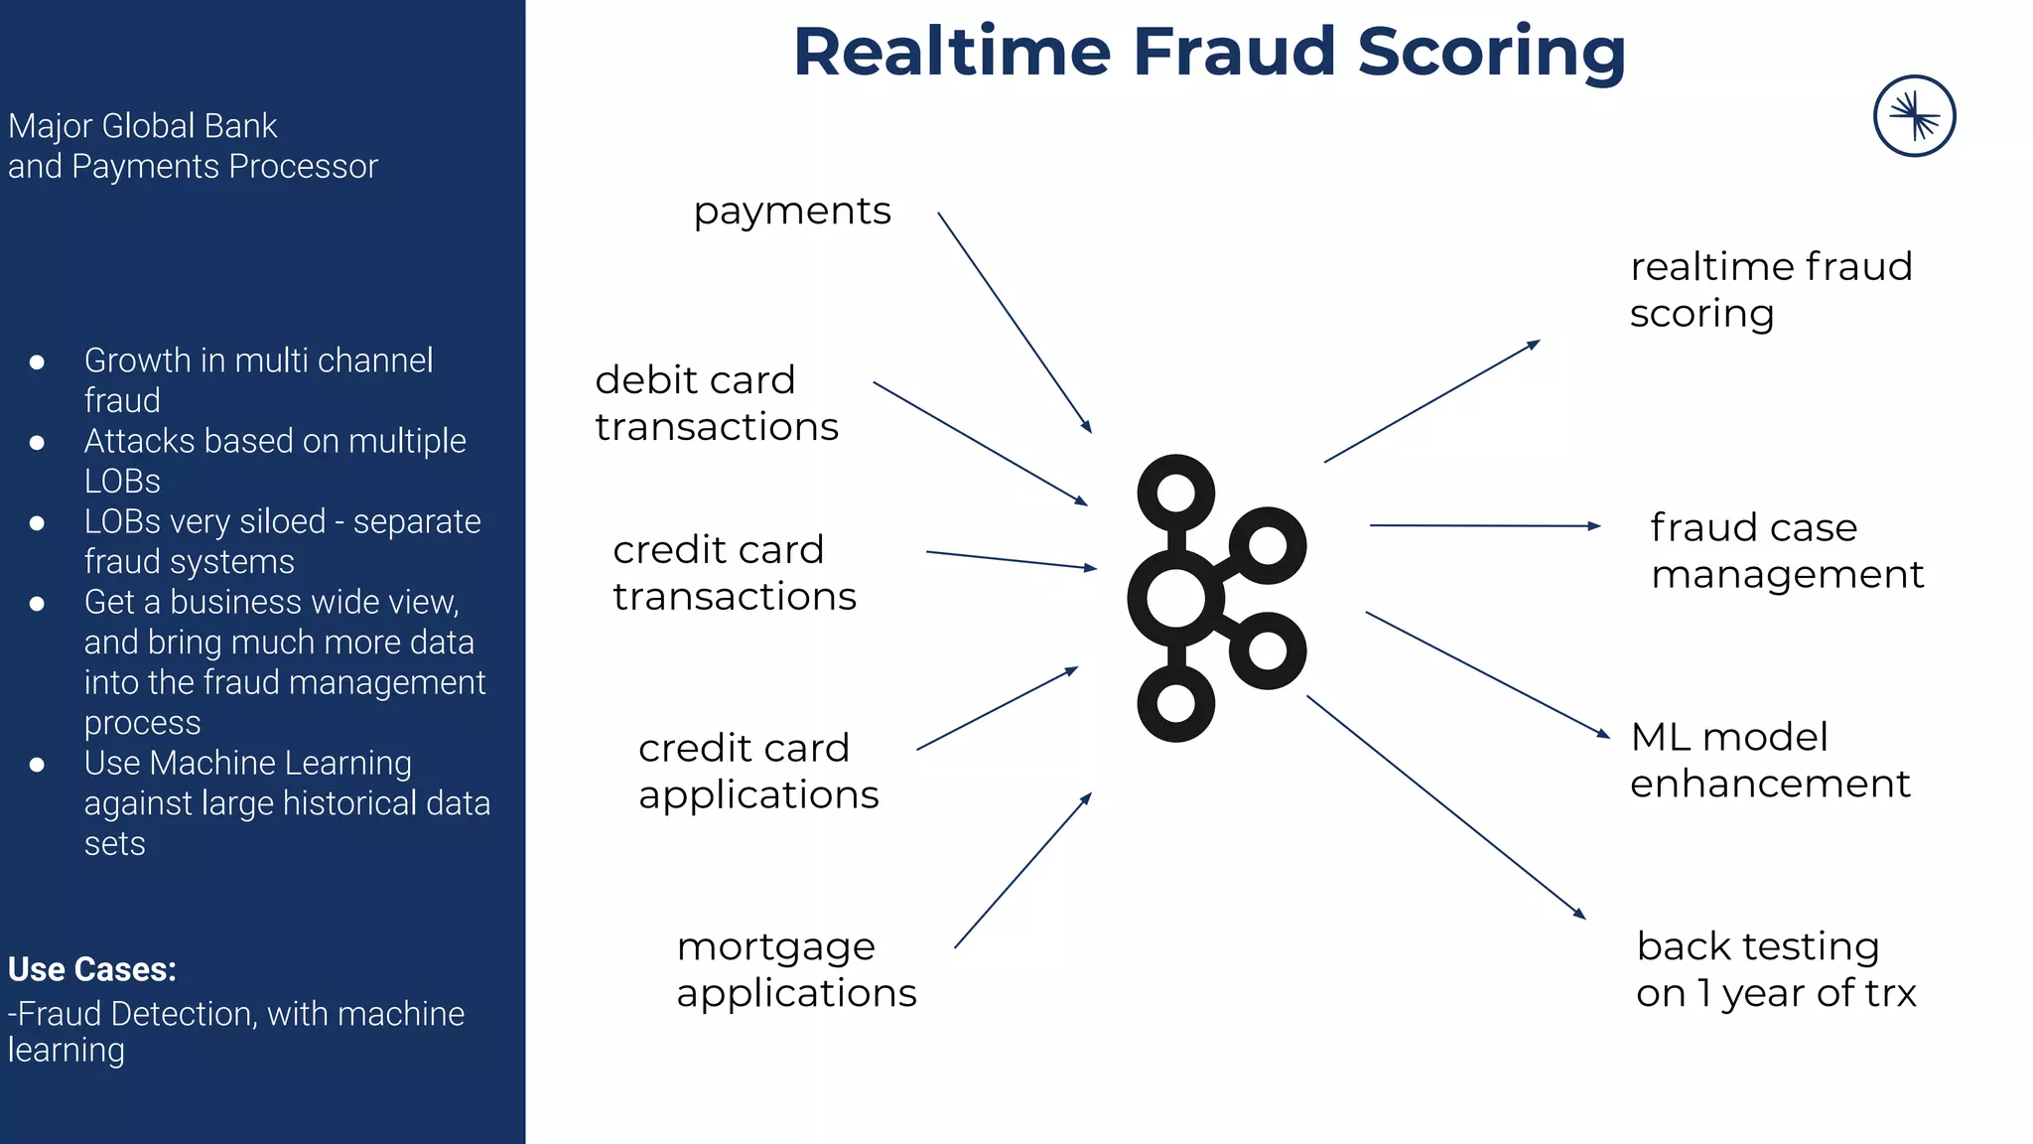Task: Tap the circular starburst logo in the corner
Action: tap(1914, 116)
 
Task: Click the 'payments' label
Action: tap(792, 212)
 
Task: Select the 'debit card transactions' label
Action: tap(717, 403)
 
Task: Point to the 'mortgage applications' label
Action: tap(796, 969)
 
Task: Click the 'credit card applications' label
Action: tap(758, 771)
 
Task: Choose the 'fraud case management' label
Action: tap(1787, 550)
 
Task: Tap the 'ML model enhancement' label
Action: tap(1769, 760)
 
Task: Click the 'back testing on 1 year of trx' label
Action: tap(1776, 969)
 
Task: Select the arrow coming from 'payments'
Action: tap(1015, 323)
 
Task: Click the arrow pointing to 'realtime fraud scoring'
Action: tap(1431, 401)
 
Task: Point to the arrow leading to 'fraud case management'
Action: tap(1484, 525)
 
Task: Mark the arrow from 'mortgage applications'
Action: tap(1022, 871)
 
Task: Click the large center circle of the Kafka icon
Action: tap(1175, 599)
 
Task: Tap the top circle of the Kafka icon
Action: tap(1175, 493)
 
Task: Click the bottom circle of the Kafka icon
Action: tap(1175, 704)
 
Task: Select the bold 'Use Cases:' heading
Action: tap(92, 969)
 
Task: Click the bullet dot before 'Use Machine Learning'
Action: tap(37, 764)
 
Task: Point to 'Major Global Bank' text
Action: tap(143, 126)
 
